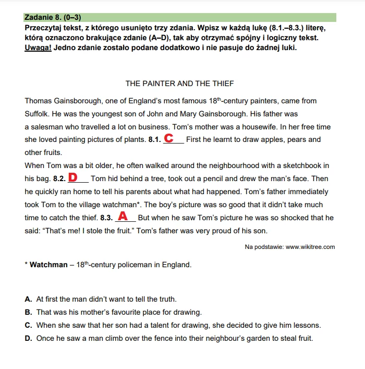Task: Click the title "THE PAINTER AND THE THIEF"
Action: pyautogui.click(x=180, y=84)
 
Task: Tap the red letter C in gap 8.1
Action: pyautogui.click(x=169, y=138)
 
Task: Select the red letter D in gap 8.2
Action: pyautogui.click(x=73, y=177)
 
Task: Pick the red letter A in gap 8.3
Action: pyautogui.click(x=123, y=216)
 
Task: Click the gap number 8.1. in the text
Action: pyautogui.click(x=154, y=140)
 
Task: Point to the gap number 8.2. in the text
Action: pyautogui.click(x=59, y=179)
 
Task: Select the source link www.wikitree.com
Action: pyautogui.click(x=310, y=247)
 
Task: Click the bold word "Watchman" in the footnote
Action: pyautogui.click(x=48, y=265)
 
